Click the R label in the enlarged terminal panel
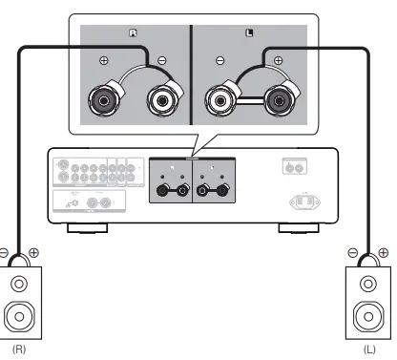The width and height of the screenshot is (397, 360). coord(135,32)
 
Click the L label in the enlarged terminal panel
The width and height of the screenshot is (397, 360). coord(249,32)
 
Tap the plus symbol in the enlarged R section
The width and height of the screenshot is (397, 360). coord(104,60)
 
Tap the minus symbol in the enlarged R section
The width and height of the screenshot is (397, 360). coord(160,60)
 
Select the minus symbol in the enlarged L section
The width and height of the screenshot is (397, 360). coord(220,60)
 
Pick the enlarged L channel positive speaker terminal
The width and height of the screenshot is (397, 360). coord(281,98)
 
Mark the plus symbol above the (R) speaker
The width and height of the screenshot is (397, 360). coord(35,254)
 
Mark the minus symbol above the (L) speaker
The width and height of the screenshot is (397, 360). coord(352,254)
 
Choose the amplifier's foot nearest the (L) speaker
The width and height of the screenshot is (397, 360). coord(291,228)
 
